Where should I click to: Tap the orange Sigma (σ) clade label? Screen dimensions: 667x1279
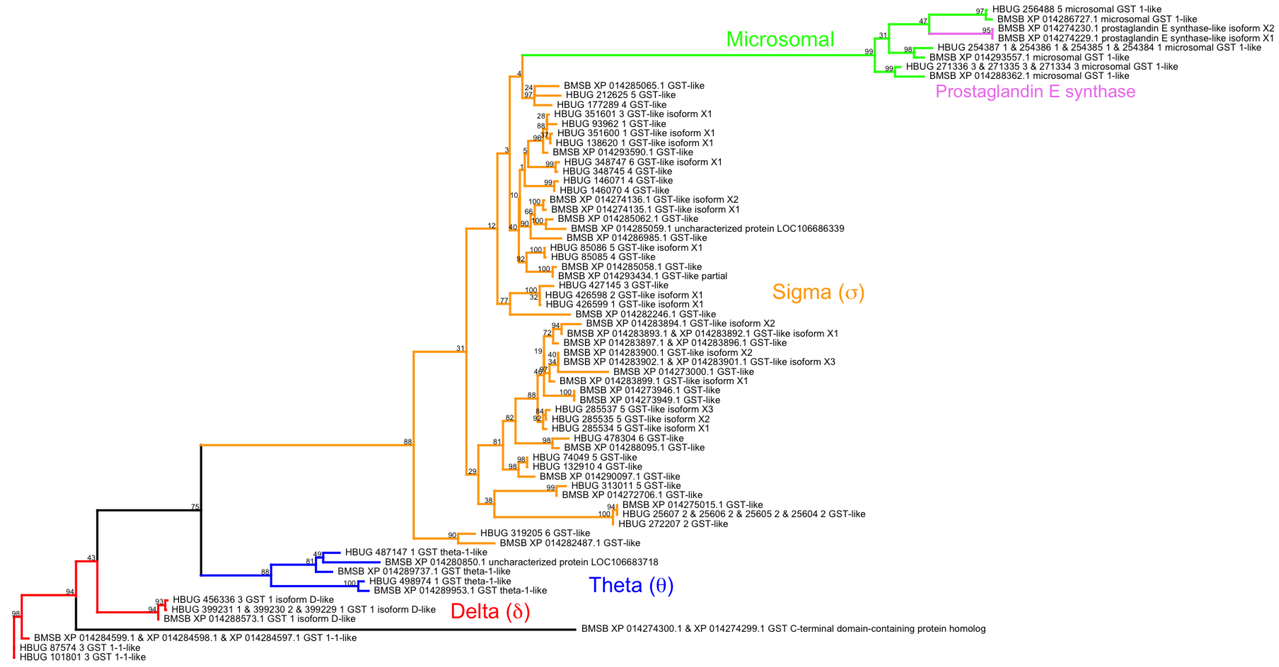(x=818, y=292)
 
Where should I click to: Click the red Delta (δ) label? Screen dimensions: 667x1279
(x=490, y=611)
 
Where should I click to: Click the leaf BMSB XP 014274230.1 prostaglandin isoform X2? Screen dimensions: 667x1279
(x=1135, y=28)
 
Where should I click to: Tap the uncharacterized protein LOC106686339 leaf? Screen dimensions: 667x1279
(x=707, y=228)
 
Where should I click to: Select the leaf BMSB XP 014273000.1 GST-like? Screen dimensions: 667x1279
(x=683, y=372)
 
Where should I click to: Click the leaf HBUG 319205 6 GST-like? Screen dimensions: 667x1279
(x=535, y=533)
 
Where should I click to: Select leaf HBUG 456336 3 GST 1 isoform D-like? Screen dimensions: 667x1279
(x=253, y=599)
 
